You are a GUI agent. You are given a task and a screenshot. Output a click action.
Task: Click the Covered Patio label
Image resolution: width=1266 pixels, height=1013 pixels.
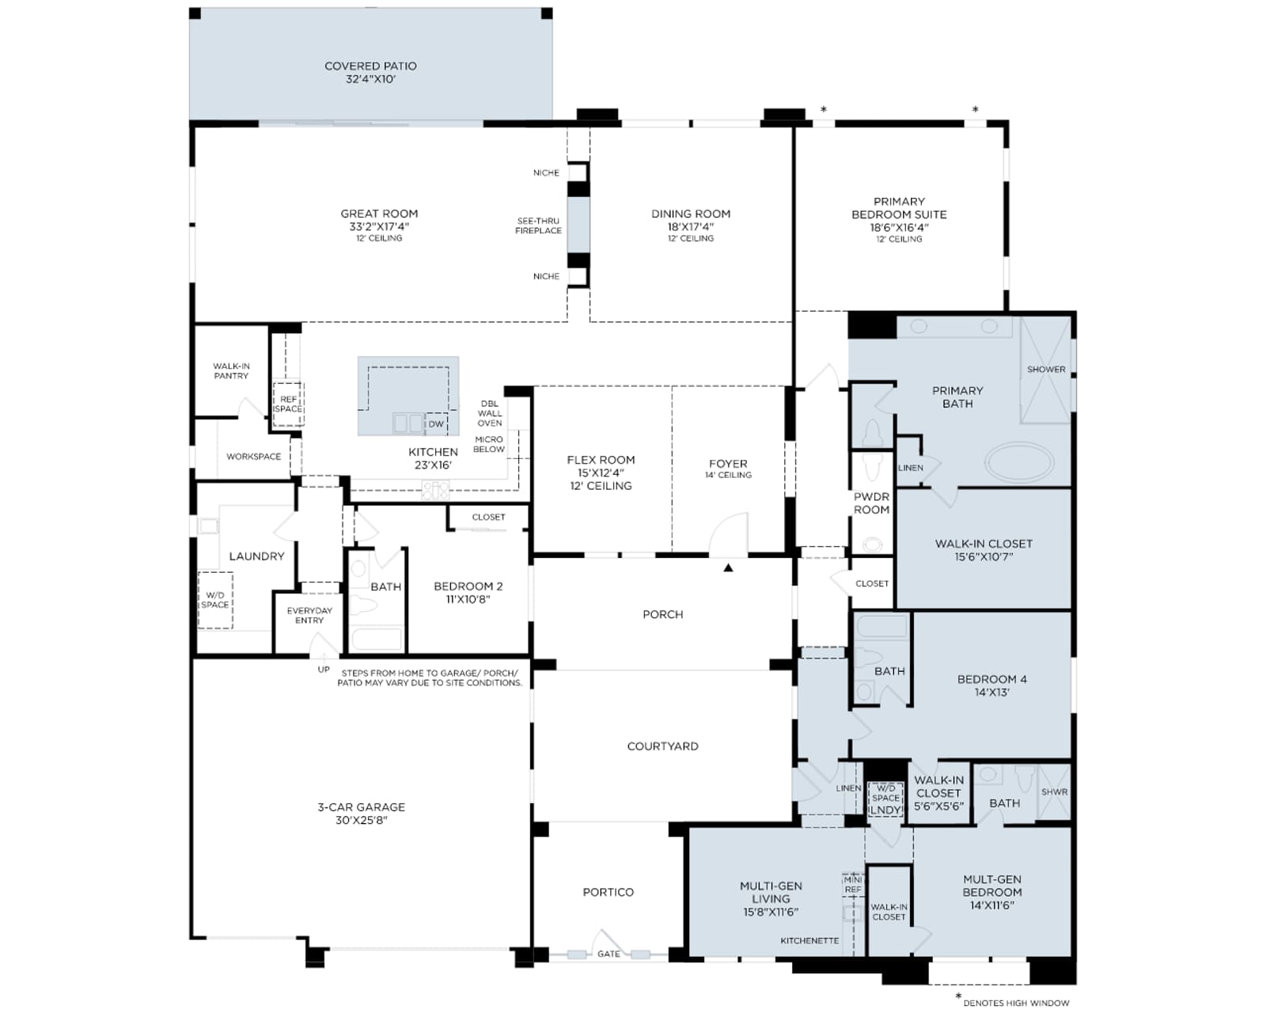(x=370, y=72)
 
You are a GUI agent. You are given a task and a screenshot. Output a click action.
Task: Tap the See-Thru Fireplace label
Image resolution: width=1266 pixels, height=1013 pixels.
(x=538, y=226)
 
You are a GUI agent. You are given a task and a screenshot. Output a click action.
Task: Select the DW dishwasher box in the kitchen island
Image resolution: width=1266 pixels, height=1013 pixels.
(x=436, y=424)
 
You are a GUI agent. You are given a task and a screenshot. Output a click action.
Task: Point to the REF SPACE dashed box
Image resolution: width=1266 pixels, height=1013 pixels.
(x=288, y=404)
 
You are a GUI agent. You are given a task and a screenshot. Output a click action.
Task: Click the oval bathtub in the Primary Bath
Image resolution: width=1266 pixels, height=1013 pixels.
(x=1019, y=462)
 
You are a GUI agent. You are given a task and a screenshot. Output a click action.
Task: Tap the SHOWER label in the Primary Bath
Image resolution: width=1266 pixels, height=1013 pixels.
(x=1046, y=370)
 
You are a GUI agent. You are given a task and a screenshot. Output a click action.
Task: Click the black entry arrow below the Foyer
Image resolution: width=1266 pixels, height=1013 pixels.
(x=728, y=567)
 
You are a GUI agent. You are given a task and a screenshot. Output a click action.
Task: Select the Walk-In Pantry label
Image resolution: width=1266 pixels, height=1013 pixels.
(x=231, y=371)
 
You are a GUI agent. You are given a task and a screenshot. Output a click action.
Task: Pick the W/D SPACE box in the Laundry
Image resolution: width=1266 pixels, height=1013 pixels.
(x=215, y=600)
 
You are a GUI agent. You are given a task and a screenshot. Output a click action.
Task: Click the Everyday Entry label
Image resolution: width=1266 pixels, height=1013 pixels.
(x=309, y=615)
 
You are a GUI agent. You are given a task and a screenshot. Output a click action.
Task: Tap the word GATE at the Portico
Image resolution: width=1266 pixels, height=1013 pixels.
(x=608, y=954)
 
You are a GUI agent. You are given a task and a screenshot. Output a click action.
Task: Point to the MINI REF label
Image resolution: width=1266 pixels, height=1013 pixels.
(x=853, y=884)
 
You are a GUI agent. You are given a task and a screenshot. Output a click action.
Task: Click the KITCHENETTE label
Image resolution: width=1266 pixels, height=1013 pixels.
(x=809, y=941)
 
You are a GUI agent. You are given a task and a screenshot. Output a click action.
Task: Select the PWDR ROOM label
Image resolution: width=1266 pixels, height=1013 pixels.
(x=871, y=503)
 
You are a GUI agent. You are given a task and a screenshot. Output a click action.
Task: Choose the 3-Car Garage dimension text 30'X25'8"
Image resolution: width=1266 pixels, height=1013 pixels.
(x=362, y=820)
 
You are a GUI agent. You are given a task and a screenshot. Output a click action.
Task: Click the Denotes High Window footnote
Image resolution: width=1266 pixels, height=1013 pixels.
(x=1016, y=1003)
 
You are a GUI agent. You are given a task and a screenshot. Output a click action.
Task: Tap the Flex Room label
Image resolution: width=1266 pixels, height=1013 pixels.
(x=601, y=472)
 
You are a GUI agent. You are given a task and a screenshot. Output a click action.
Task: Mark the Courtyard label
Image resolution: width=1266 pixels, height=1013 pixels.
(x=662, y=746)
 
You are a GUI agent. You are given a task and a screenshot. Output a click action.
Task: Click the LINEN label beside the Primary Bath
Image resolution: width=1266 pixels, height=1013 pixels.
(x=910, y=468)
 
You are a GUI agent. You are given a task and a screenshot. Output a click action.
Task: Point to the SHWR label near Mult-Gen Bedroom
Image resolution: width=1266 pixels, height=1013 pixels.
(x=1054, y=792)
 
